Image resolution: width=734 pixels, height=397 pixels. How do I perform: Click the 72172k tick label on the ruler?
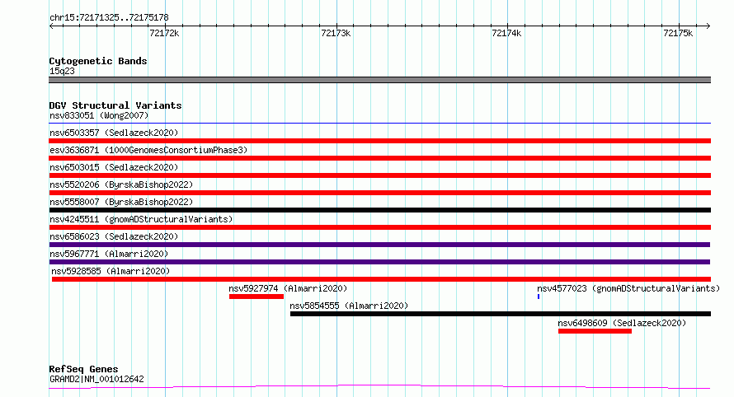(x=164, y=33)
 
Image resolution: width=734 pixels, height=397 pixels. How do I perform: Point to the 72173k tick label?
(x=336, y=33)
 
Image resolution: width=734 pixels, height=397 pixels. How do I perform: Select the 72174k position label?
(x=506, y=33)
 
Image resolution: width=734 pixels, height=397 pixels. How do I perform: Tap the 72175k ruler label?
(x=678, y=33)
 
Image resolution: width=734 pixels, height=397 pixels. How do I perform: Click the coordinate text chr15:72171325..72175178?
(x=109, y=18)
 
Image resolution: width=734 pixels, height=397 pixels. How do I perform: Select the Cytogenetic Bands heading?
(x=98, y=61)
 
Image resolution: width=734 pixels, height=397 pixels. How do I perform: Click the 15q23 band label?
(x=62, y=71)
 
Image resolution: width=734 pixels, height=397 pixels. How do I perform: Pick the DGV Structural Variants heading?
(x=115, y=105)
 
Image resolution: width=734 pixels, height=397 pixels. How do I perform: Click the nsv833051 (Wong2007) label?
(x=99, y=115)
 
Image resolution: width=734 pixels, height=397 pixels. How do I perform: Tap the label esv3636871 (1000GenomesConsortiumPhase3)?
(x=148, y=150)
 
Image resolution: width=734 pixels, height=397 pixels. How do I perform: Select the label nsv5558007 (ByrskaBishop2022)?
(x=121, y=202)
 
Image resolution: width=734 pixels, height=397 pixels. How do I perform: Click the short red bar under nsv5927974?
(x=256, y=297)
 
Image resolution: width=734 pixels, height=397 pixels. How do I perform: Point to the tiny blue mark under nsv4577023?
(x=539, y=297)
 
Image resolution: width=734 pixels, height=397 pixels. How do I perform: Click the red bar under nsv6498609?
(x=595, y=331)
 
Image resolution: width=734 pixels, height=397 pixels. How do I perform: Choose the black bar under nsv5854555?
(x=501, y=314)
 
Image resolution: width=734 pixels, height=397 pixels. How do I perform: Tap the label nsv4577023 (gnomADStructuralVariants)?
(x=628, y=288)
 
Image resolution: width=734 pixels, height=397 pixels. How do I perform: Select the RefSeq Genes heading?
(x=83, y=369)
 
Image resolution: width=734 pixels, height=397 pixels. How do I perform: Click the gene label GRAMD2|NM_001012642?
(x=96, y=379)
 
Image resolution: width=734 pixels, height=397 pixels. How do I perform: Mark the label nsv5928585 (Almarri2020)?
(x=111, y=271)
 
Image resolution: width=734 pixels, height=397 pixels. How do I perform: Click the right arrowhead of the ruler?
(x=708, y=26)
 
